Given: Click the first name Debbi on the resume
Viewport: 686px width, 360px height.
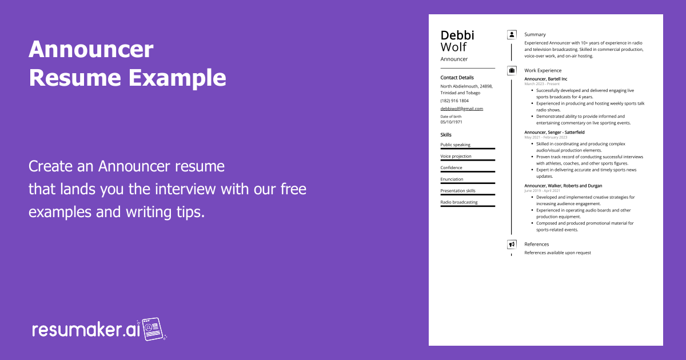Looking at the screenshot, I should coord(457,35).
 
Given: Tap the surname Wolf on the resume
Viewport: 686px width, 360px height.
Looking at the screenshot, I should coord(453,47).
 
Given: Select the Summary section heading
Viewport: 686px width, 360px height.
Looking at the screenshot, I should coord(535,34).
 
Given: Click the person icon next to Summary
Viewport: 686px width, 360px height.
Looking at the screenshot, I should coord(512,35).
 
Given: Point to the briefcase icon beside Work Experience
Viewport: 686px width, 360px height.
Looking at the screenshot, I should coord(512,71).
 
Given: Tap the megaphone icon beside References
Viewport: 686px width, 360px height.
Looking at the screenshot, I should coord(512,245).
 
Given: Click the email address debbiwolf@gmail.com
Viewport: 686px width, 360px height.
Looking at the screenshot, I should coord(461,109).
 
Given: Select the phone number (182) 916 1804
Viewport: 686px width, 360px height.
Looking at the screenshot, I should coord(454,101).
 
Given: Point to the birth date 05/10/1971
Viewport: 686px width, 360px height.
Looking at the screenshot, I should coord(452,122).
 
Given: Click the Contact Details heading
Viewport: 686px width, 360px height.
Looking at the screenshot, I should coord(457,78).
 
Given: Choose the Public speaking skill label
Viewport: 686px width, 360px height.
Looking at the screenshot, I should coord(455,145).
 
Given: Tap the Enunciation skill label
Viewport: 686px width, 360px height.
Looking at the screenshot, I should coord(452,179).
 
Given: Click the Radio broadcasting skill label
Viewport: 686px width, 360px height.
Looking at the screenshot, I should coord(458,202).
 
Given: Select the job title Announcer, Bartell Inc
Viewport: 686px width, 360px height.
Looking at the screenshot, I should coord(545,79).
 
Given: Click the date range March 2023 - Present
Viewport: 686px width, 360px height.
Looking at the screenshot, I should coord(542,84).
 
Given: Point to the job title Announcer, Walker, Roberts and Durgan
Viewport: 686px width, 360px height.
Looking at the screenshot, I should coord(563,186).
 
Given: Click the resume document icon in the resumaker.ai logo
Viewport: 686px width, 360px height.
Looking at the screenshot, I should coord(153,329).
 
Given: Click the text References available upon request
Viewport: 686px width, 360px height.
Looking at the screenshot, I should coord(557,253).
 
